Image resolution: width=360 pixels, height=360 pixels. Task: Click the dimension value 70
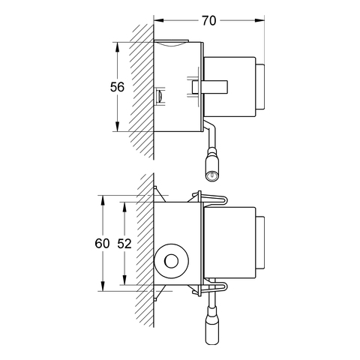pyautogui.click(x=209, y=21)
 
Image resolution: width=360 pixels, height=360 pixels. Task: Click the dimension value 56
pyautogui.click(x=117, y=87)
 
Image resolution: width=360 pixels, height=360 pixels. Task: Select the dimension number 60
pyautogui.click(x=102, y=243)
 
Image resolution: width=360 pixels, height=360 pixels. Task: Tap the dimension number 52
pyautogui.click(x=124, y=243)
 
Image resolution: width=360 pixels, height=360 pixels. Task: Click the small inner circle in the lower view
pyautogui.click(x=172, y=261)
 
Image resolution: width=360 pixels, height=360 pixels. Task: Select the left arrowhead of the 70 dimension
pyautogui.click(x=158, y=20)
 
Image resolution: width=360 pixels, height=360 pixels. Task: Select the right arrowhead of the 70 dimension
pyautogui.click(x=259, y=20)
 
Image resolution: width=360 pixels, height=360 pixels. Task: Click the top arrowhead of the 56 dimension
pyautogui.click(x=117, y=47)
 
